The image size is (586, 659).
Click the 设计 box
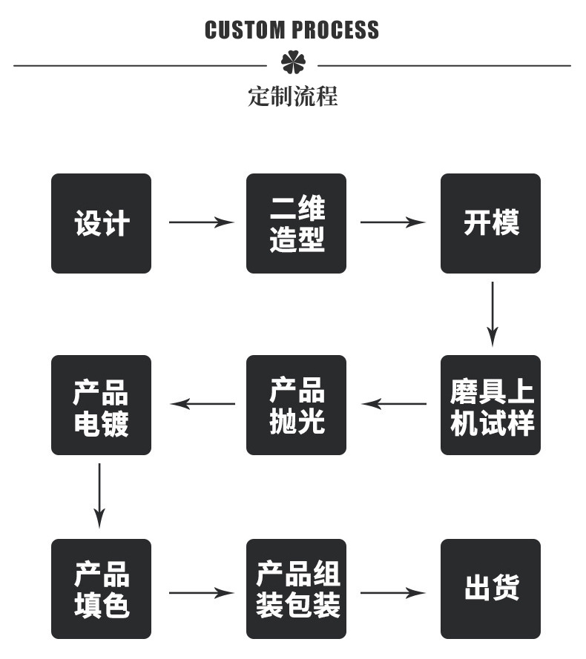tap(101, 223)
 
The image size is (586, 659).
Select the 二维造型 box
tap(296, 223)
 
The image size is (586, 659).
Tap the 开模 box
tap(490, 223)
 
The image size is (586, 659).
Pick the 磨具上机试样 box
tap(490, 405)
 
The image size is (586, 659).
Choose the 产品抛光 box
tap(296, 405)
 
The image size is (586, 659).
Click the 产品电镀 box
tap(101, 405)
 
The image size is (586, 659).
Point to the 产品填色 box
tap(101, 589)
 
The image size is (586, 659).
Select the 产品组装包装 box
tap(296, 589)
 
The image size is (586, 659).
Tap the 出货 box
tap(490, 589)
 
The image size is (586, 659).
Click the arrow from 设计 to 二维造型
tap(201, 222)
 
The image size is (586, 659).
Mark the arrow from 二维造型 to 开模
tap(393, 222)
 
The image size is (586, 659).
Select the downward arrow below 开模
tap(492, 314)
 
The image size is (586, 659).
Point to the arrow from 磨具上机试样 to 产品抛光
tap(394, 404)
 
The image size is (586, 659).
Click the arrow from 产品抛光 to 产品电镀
tap(203, 404)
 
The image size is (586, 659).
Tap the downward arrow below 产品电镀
tap(100, 496)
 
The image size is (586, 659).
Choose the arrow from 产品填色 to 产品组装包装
tap(201, 592)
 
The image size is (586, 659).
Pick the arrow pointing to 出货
tap(393, 592)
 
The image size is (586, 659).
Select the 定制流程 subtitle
tap(292, 96)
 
